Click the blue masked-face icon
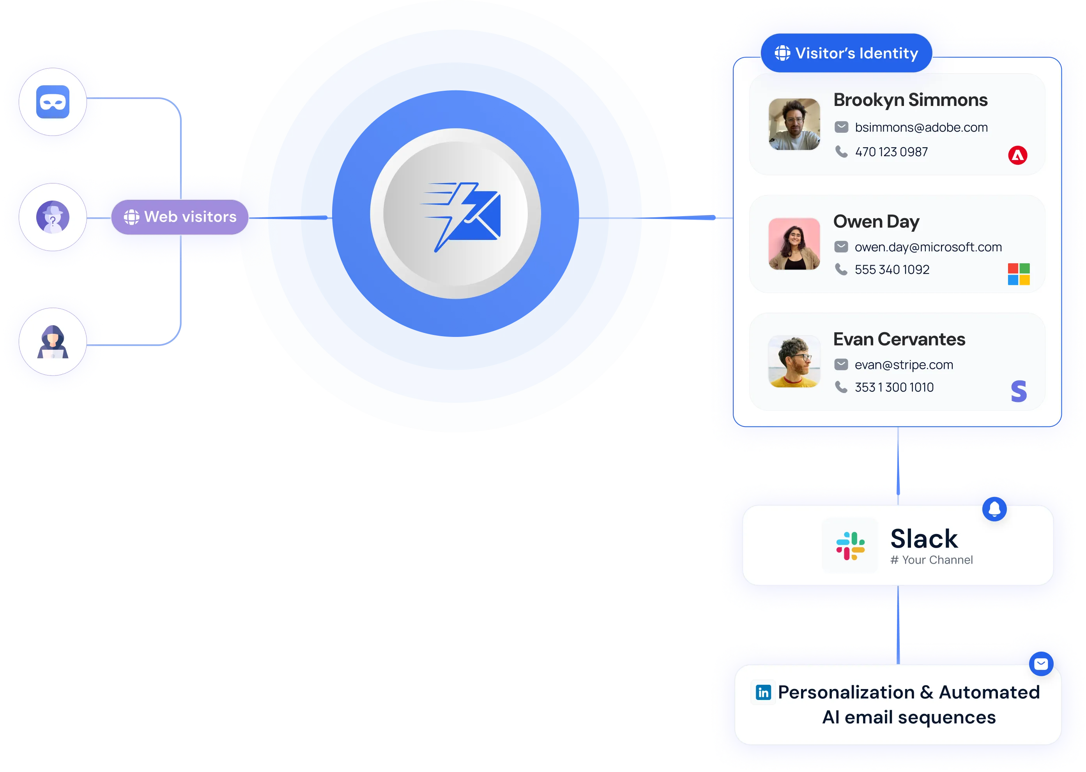point(53,102)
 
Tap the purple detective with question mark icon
point(53,217)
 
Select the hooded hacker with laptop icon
point(53,342)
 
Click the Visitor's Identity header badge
point(846,53)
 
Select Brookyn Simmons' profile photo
point(794,124)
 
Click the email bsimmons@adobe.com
point(921,127)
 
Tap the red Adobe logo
point(1017,155)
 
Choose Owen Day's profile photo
point(794,244)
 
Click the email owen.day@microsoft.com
point(928,247)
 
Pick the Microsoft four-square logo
point(1019,274)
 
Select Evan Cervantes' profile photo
point(794,362)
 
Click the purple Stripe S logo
point(1019,391)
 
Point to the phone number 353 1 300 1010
point(894,388)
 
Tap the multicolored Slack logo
point(851,546)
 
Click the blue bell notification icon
point(994,509)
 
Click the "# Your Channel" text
point(931,560)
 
